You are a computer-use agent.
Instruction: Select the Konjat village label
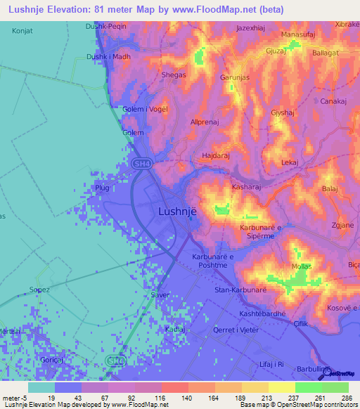click(x=22, y=32)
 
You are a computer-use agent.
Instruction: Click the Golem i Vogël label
click(x=144, y=109)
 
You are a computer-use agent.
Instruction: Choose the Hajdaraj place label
click(x=216, y=154)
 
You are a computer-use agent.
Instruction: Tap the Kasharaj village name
click(x=247, y=188)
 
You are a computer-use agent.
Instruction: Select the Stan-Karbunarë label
click(x=240, y=290)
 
